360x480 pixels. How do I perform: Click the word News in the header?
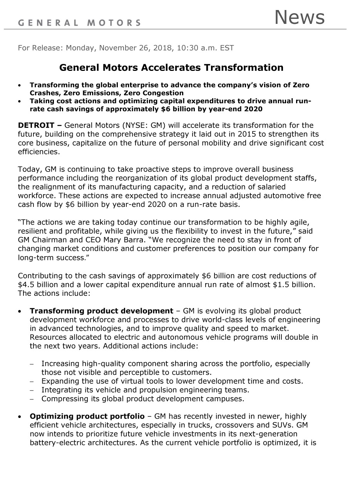(299, 17)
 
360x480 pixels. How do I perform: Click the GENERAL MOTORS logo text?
(79, 23)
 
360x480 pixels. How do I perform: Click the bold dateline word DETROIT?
(36, 125)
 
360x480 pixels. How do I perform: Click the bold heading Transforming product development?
(101, 311)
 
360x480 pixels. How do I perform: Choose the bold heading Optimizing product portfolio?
(87, 416)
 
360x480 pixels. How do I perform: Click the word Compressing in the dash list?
(65, 399)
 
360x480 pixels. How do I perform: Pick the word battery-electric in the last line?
(58, 443)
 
